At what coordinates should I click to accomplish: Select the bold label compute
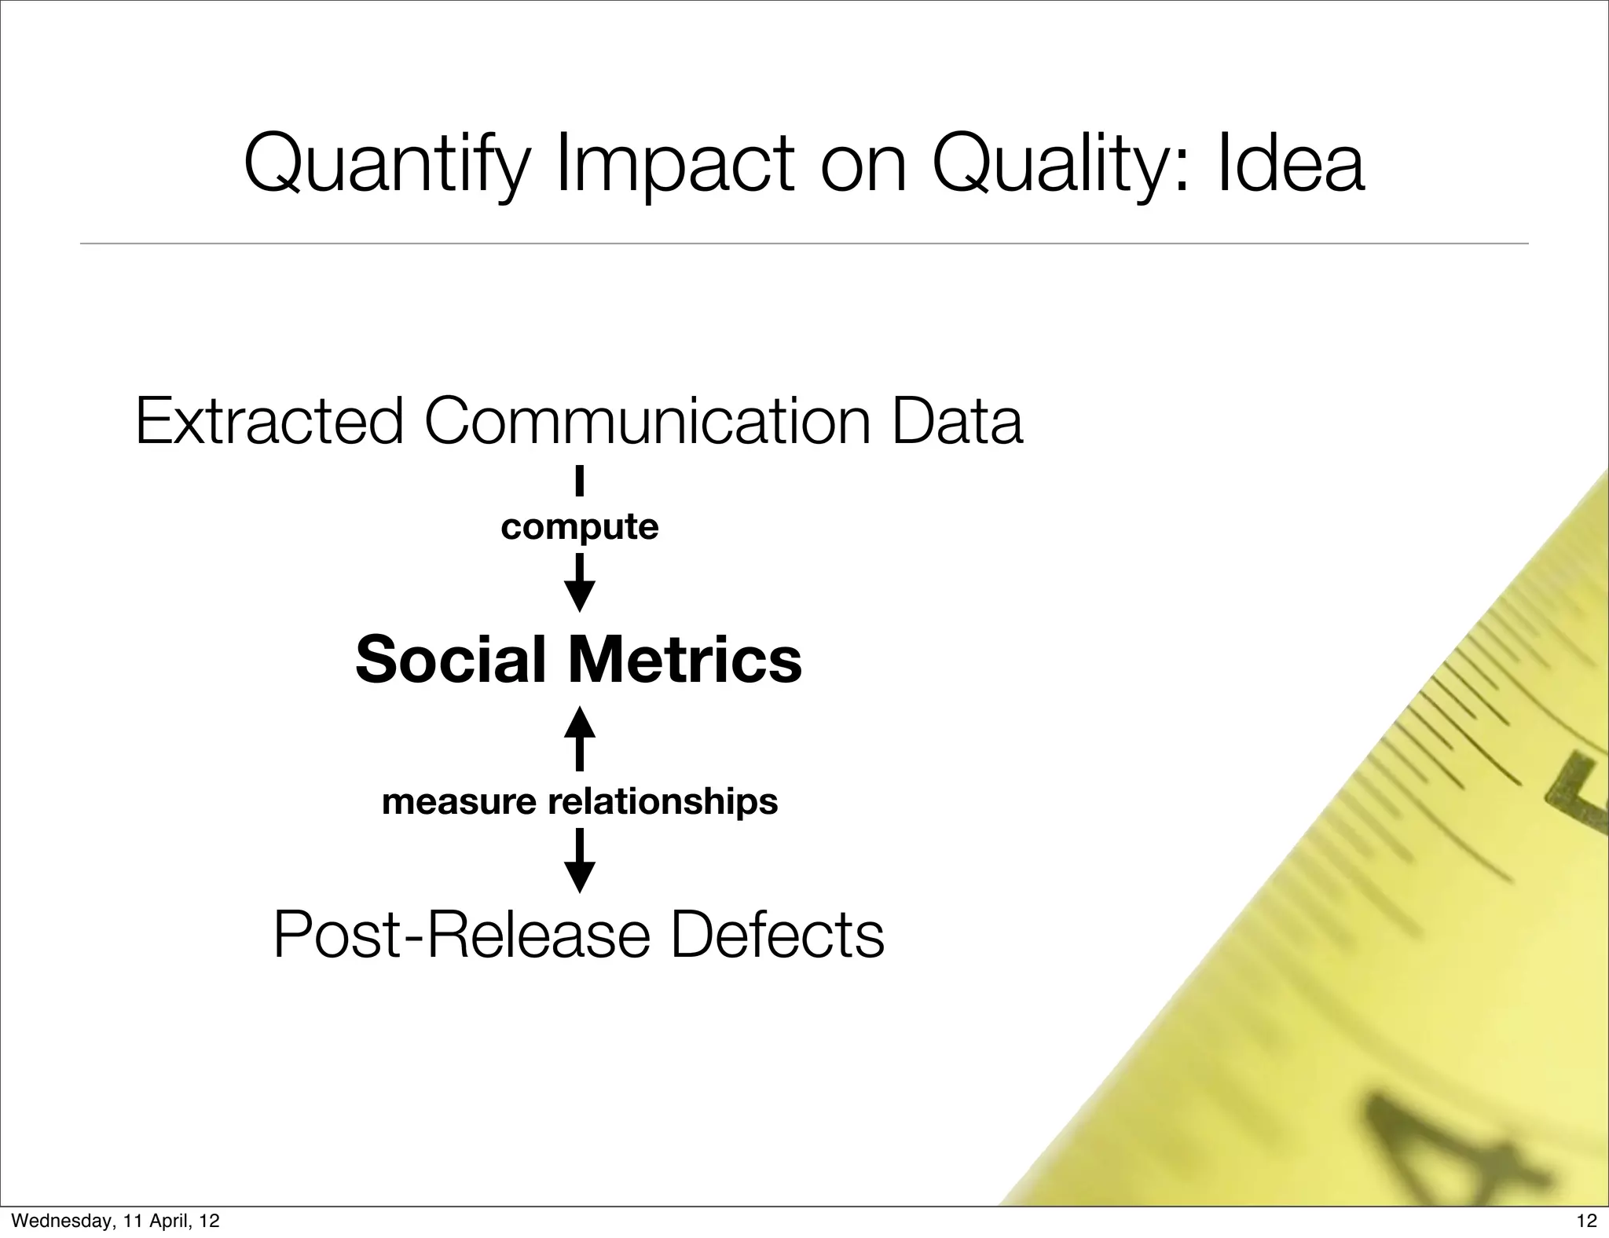click(579, 526)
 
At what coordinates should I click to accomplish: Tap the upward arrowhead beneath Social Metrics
click(579, 722)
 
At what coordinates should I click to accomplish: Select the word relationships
click(662, 802)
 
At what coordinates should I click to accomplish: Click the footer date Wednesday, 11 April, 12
click(116, 1220)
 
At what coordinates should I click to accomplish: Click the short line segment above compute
click(579, 481)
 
